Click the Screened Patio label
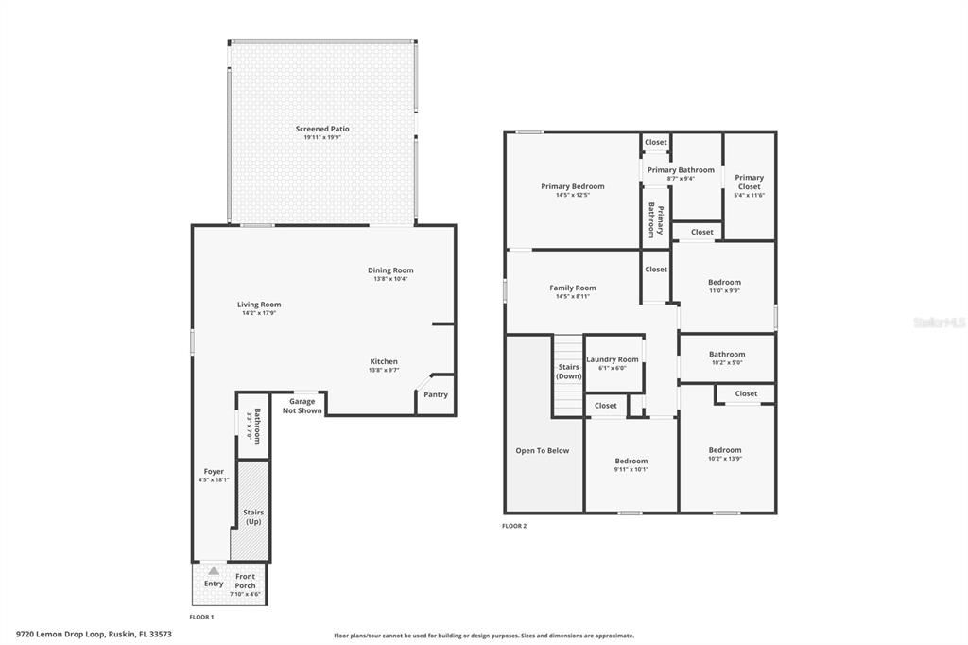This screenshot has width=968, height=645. [x=322, y=129]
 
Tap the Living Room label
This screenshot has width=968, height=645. [x=259, y=305]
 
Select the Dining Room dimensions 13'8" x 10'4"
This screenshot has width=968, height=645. [x=390, y=279]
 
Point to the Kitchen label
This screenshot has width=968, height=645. [x=384, y=361]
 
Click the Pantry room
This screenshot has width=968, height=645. [x=436, y=394]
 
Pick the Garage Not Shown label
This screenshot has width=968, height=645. [x=302, y=406]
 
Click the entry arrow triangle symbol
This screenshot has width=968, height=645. [x=214, y=570]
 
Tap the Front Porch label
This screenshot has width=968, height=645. [x=245, y=581]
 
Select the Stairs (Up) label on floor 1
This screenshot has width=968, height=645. [x=253, y=516]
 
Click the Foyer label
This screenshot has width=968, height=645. [x=214, y=471]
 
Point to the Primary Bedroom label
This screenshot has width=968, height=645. [x=572, y=186]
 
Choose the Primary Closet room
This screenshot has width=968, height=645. [x=749, y=185]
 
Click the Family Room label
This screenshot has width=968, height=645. [x=573, y=288]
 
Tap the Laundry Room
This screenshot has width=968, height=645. [x=613, y=362]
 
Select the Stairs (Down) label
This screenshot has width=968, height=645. [x=569, y=371]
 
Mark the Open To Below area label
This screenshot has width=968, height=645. [x=543, y=450]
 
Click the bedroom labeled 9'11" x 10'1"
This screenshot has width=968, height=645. [x=631, y=464]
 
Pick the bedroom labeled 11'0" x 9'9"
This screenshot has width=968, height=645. [x=724, y=286]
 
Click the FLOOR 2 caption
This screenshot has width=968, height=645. [x=515, y=526]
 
